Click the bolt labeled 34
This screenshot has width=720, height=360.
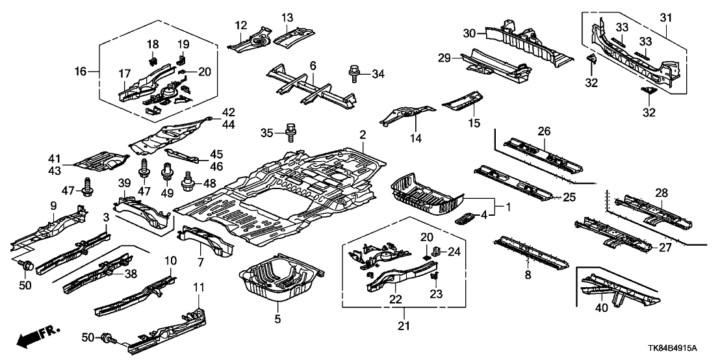pyautogui.click(x=355, y=73)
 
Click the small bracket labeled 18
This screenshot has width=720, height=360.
pyautogui.click(x=152, y=60)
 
